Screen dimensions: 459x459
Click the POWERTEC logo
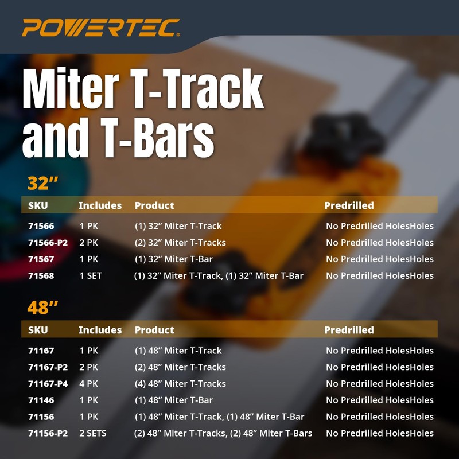click(101, 27)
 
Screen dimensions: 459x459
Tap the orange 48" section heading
click(44, 308)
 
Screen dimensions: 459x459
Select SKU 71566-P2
click(48, 243)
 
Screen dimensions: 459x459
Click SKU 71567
click(41, 259)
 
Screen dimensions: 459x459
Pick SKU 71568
click(41, 276)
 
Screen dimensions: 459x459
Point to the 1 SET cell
click(91, 276)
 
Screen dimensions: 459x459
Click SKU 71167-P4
click(48, 384)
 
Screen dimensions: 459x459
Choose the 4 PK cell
click(89, 384)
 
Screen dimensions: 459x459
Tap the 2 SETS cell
click(92, 434)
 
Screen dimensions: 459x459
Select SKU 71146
click(41, 400)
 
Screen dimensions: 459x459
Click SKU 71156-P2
click(48, 434)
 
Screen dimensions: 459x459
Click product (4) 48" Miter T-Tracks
click(180, 384)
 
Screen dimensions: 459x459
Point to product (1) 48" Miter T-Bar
click(173, 400)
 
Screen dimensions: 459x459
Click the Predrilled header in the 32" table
click(349, 205)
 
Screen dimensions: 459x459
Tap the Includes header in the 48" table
click(100, 330)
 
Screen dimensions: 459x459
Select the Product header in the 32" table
click(154, 205)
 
